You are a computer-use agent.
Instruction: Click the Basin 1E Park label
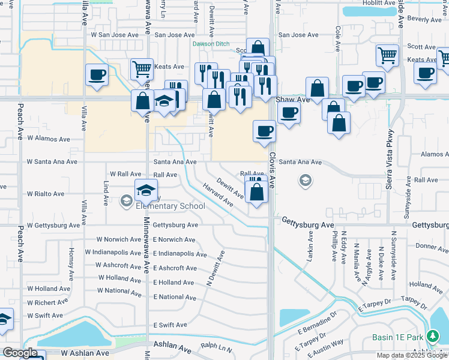tap(397, 337)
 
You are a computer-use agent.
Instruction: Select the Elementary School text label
tap(170, 206)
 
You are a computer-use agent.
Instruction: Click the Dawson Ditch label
tap(211, 44)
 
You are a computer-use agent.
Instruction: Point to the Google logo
tap(20, 353)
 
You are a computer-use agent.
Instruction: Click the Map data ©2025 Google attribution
tap(412, 355)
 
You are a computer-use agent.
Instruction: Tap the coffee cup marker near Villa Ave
tap(97, 75)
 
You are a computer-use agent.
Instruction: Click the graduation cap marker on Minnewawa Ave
tap(146, 191)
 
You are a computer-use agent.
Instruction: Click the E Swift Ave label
tap(170, 325)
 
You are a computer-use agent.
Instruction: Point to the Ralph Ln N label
tap(216, 346)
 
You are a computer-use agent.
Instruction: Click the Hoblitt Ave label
tap(378, 3)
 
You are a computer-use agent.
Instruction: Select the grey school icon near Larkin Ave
tap(306, 180)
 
